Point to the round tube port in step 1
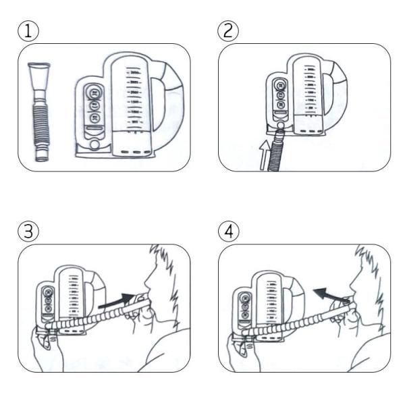[94, 144]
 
